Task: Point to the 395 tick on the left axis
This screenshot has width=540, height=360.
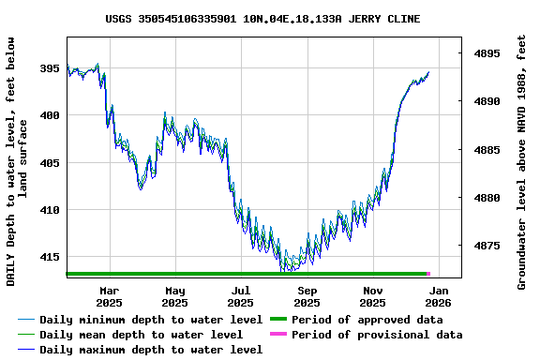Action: (x=49, y=68)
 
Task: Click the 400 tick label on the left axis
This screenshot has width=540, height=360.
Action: (x=49, y=115)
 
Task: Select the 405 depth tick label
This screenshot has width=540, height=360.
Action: (x=49, y=163)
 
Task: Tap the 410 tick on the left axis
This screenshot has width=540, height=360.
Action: (x=49, y=210)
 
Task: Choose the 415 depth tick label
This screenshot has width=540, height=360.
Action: (x=49, y=257)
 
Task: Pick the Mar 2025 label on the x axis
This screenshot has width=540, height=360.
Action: (x=109, y=296)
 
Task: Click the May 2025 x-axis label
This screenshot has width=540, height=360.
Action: (x=174, y=296)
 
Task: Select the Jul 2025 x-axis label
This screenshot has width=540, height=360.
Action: (x=241, y=296)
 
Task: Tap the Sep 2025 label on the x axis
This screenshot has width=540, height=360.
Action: (x=307, y=296)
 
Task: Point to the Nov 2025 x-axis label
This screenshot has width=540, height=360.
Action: (x=373, y=296)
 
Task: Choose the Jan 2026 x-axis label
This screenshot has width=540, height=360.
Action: (x=439, y=296)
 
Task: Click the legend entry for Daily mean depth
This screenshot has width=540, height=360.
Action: (x=141, y=335)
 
